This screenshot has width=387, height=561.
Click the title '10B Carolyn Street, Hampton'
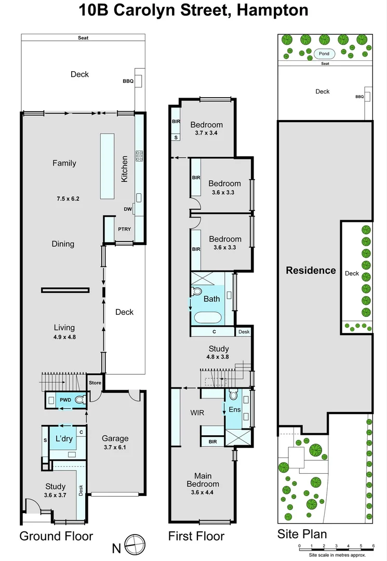(193, 10)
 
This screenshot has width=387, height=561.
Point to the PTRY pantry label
(124, 229)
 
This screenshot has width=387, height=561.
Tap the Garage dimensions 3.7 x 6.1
(115, 448)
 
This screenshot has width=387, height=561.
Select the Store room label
(95, 383)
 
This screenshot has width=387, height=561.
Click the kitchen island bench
(107, 166)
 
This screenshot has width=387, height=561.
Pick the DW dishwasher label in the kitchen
(127, 209)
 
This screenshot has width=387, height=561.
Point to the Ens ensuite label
(234, 410)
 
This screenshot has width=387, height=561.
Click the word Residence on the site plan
(311, 270)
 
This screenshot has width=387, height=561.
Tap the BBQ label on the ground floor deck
(128, 81)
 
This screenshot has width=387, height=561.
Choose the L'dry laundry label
(63, 438)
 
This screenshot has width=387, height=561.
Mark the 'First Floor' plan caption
(196, 536)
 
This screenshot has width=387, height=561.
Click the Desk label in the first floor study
(243, 331)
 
